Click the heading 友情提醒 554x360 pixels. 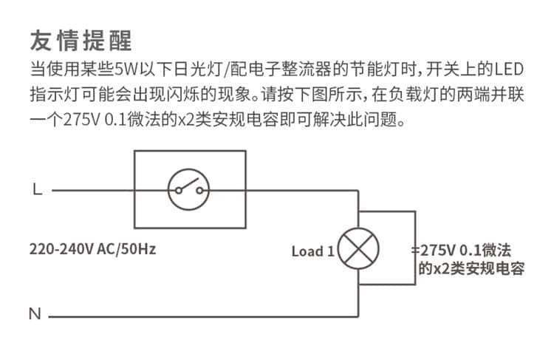(82, 39)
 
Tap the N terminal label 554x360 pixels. (35, 313)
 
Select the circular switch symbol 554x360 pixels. (188, 190)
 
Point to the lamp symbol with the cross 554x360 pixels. (358, 248)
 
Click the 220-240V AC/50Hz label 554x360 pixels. (92, 248)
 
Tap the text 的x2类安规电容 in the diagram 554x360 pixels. (471, 269)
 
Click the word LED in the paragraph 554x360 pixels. (508, 71)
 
